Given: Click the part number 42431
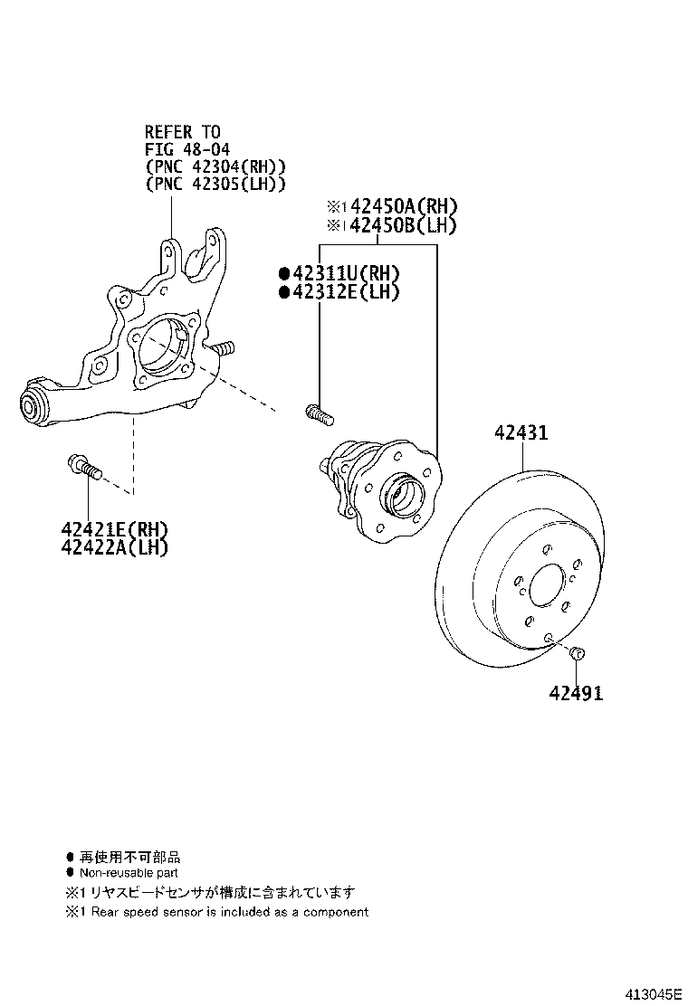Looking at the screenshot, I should point(521,433).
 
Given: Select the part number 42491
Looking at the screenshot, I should point(575,693).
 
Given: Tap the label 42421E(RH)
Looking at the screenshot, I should point(115,529).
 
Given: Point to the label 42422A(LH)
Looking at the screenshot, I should point(115,546).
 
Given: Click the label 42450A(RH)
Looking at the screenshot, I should point(403,206).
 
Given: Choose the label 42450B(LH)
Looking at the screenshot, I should point(403,225).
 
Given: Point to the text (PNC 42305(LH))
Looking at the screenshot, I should point(215,184).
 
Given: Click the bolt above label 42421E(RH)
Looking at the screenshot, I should point(84,468).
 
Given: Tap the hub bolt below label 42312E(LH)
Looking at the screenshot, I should point(320,414).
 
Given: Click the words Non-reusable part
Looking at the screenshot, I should point(129,873).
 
